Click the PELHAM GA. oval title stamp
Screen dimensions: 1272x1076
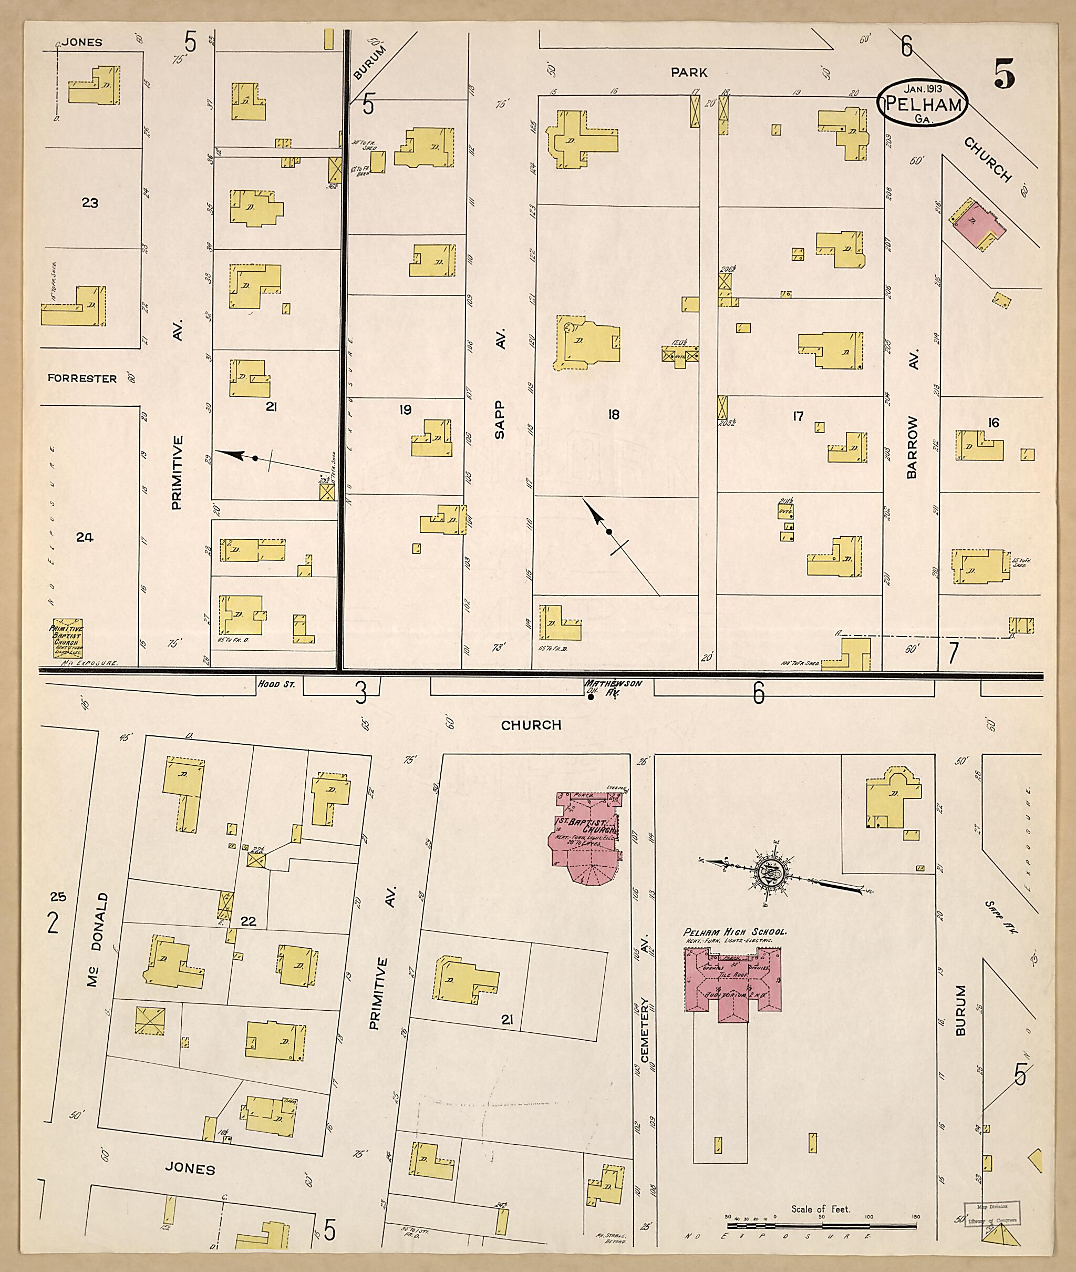pyautogui.click(x=922, y=103)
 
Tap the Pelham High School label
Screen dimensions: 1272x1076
pyautogui.click(x=734, y=931)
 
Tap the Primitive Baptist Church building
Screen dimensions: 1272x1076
pyautogui.click(x=68, y=639)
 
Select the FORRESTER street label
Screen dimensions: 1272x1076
pyautogui.click(x=82, y=378)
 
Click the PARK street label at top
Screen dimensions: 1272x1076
pyautogui.click(x=689, y=72)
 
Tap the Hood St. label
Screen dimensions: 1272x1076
pyautogui.click(x=276, y=684)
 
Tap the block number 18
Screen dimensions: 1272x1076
pyautogui.click(x=614, y=415)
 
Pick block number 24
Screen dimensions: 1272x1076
pyautogui.click(x=84, y=537)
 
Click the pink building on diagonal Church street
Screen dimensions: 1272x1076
pyautogui.click(x=977, y=225)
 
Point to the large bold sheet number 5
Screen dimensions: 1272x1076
pyautogui.click(x=1003, y=74)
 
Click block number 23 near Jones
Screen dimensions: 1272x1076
pyautogui.click(x=90, y=202)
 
